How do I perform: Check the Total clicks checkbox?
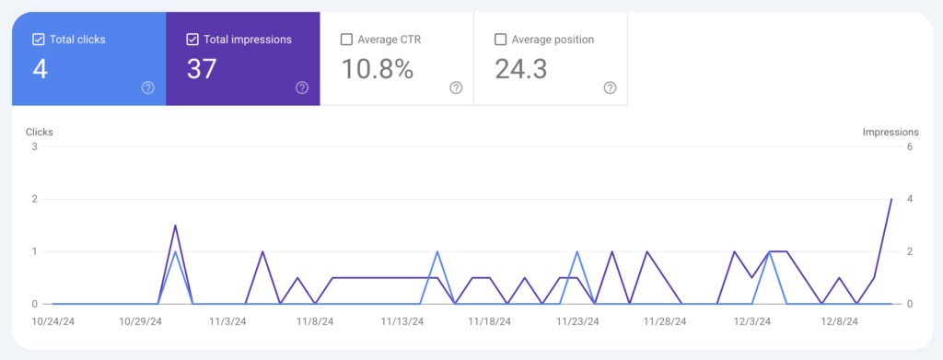tap(39, 40)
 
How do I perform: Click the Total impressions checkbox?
tap(192, 40)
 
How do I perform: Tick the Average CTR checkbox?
tap(346, 40)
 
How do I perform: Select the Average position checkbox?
tap(500, 40)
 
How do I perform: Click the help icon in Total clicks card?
tap(147, 87)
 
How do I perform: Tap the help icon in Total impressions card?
tap(301, 87)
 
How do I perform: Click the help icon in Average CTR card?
tap(455, 87)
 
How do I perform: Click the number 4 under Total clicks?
tap(40, 69)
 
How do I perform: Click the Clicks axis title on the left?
tap(40, 132)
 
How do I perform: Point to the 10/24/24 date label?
tap(52, 322)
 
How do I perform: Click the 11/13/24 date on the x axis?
tap(402, 322)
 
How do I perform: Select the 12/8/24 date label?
tap(839, 322)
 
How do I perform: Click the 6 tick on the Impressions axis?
tap(909, 146)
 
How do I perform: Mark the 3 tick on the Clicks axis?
tap(34, 146)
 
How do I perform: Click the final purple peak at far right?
tap(891, 199)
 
